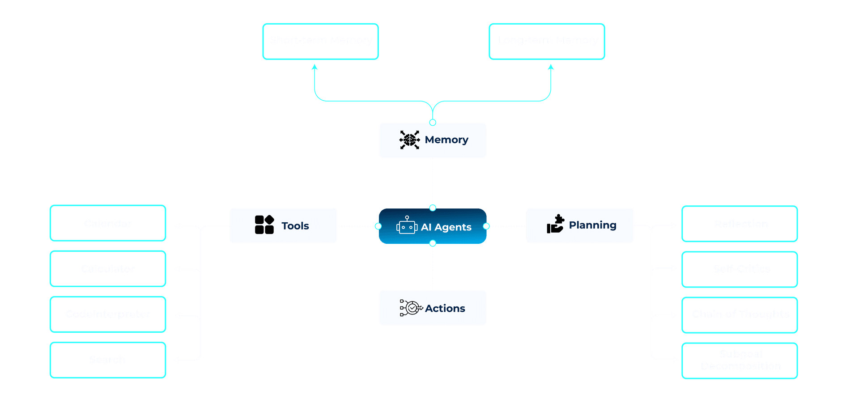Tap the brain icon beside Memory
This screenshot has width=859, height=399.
pos(409,140)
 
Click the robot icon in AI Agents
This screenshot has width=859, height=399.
pos(407,226)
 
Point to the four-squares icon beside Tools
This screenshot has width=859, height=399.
pos(264,225)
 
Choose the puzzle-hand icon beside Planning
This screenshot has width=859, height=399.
pos(555,224)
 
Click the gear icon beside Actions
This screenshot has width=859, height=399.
pos(411,308)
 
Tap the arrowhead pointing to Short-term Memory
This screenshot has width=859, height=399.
pos(315,67)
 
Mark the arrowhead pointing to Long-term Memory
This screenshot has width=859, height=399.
pos(551,67)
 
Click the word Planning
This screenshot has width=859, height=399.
pos(592,225)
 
